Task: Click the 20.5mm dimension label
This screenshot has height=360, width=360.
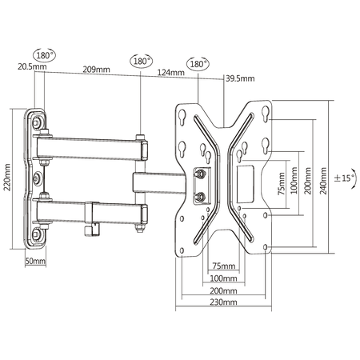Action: [32, 66]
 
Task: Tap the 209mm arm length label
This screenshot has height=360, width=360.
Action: [96, 70]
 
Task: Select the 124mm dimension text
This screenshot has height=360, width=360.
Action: [171, 72]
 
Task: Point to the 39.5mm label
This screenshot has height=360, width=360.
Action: [240, 78]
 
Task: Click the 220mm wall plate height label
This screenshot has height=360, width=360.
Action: [7, 177]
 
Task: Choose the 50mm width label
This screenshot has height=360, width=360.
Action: [35, 261]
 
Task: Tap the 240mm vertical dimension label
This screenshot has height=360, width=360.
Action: [323, 181]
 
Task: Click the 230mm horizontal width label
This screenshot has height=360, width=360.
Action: [223, 302]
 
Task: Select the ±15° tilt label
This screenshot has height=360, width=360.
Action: [345, 178]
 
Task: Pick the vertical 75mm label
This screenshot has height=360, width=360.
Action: [282, 183]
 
